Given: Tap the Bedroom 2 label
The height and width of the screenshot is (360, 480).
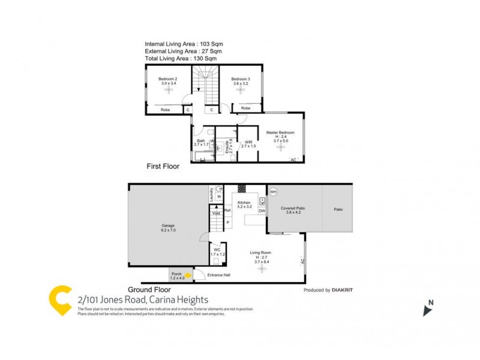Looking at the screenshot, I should pyautogui.click(x=168, y=79).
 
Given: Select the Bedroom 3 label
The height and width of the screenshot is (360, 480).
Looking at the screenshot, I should pyautogui.click(x=240, y=79).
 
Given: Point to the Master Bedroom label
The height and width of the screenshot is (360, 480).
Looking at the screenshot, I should pyautogui.click(x=280, y=132).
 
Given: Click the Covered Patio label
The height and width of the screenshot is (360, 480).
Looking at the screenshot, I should pyautogui.click(x=293, y=208).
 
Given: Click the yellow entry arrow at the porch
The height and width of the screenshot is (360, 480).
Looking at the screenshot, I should pyautogui.click(x=188, y=275).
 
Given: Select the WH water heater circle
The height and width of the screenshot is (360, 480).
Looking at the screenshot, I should pyautogui.click(x=274, y=191).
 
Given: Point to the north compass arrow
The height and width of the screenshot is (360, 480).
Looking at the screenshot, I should pyautogui.click(x=428, y=308).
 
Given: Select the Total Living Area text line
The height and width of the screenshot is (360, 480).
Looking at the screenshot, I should pyautogui.click(x=181, y=58).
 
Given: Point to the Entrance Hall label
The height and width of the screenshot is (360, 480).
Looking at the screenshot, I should pyautogui.click(x=218, y=275).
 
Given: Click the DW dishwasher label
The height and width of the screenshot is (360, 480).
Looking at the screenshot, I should pyautogui.click(x=262, y=211).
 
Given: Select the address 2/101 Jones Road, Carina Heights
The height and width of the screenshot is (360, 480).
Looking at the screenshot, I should pyautogui.click(x=141, y=299).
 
